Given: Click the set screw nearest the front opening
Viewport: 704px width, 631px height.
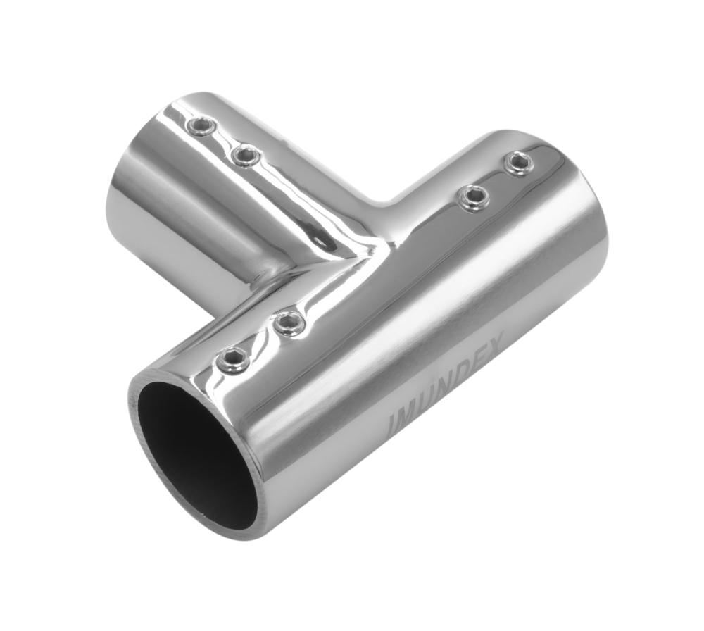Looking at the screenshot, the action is click(232, 360).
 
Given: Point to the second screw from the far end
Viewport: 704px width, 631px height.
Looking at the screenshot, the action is click(473, 197).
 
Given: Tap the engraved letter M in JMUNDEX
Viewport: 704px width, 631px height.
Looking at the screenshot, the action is click(412, 411).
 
